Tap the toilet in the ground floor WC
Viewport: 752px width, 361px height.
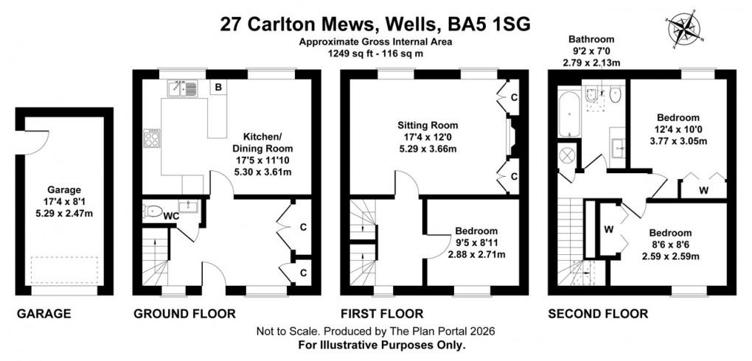(x=153, y=211)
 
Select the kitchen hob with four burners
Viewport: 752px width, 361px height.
(x=153, y=138)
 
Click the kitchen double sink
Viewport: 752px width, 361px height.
(x=181, y=88)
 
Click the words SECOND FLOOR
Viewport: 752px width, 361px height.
(x=598, y=314)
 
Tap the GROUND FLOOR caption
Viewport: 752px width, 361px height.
(x=184, y=314)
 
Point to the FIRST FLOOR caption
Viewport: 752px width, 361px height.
(x=382, y=314)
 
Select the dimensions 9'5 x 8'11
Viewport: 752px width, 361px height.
(x=476, y=242)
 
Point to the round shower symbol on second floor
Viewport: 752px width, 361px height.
(x=569, y=157)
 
